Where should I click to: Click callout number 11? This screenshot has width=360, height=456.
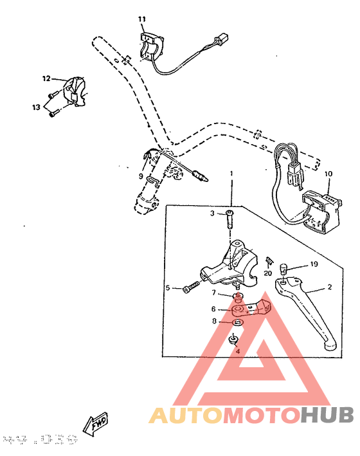coord(142,19)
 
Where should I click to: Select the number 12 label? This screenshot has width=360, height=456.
coord(46,79)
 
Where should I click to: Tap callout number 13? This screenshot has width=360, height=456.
coord(37,107)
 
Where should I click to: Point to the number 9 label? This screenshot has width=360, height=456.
coord(140,176)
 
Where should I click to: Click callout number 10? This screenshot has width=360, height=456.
coord(328,174)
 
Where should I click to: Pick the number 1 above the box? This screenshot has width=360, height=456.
coord(231,174)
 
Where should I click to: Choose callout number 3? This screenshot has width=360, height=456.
coord(212,213)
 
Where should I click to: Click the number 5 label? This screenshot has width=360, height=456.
coord(167,288)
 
